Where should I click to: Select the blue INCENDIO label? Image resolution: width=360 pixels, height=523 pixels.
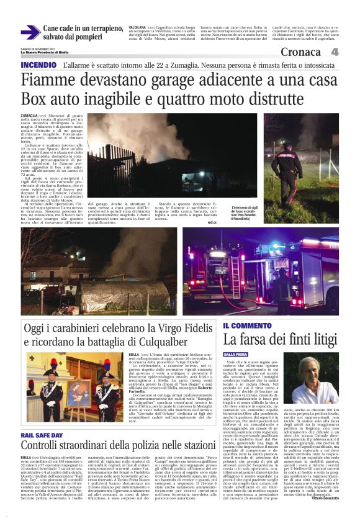click(x=42, y=65)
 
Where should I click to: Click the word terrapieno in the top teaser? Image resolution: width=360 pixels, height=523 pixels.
click(x=102, y=29)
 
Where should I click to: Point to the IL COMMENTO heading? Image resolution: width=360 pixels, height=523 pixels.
click(x=247, y=325)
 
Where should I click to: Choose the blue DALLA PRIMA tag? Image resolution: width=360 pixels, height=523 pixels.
click(x=237, y=355)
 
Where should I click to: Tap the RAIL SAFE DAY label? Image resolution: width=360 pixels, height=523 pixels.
click(x=42, y=435)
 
